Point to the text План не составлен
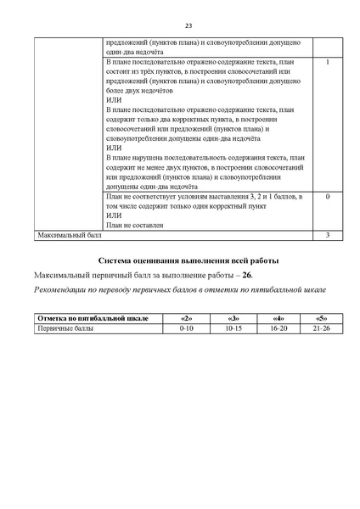pos(135,225)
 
